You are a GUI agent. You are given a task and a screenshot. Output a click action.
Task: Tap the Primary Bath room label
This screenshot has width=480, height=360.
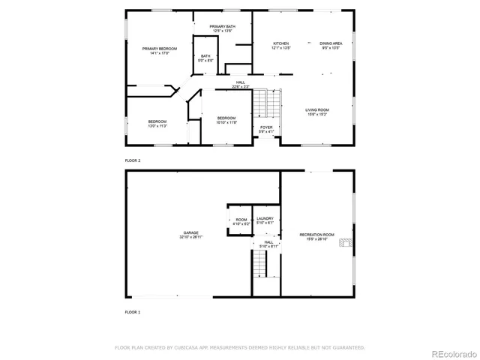point(223,29)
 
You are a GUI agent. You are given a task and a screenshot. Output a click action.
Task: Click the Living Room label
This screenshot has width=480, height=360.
point(317,112)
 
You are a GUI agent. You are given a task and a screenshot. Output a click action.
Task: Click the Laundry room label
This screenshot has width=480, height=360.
point(265,220)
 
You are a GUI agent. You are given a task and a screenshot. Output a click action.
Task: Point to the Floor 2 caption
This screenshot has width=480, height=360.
point(133,160)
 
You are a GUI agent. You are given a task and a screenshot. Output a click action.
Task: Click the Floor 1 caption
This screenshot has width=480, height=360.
point(133,311)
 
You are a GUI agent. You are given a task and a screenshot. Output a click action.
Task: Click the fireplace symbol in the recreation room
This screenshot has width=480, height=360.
point(345,243)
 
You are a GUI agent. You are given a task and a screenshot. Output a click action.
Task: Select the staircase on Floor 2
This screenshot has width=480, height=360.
point(261,103)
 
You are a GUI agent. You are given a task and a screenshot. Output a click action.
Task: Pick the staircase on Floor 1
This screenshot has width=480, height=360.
point(259,263)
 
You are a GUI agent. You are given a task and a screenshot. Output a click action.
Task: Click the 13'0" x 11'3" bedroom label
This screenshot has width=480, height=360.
point(157,124)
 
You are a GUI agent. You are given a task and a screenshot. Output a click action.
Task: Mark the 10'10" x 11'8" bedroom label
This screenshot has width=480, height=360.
point(226,120)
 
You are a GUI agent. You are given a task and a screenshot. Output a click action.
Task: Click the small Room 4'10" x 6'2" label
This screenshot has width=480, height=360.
point(241,220)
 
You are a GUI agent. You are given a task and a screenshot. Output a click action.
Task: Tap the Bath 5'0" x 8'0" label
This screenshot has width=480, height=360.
point(205,58)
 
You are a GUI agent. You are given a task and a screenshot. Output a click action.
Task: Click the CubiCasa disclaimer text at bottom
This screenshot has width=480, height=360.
point(239,348)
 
